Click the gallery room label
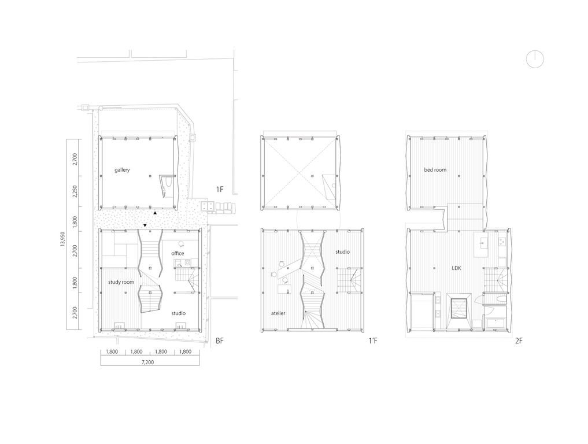click(122, 170)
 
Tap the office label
click(177, 253)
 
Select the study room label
click(121, 282)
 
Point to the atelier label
click(278, 313)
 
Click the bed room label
click(435, 170)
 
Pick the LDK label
click(456, 268)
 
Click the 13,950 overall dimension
click(62, 239)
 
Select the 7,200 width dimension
click(147, 362)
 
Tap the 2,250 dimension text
click(75, 191)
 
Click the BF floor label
click(220, 341)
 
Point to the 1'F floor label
click(373, 341)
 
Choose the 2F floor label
click(519, 341)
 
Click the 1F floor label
click(220, 190)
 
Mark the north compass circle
click(535, 59)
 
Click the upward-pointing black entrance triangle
click(155, 213)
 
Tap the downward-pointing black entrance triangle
click(145, 225)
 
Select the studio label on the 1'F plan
click(342, 251)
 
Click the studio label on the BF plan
click(179, 313)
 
